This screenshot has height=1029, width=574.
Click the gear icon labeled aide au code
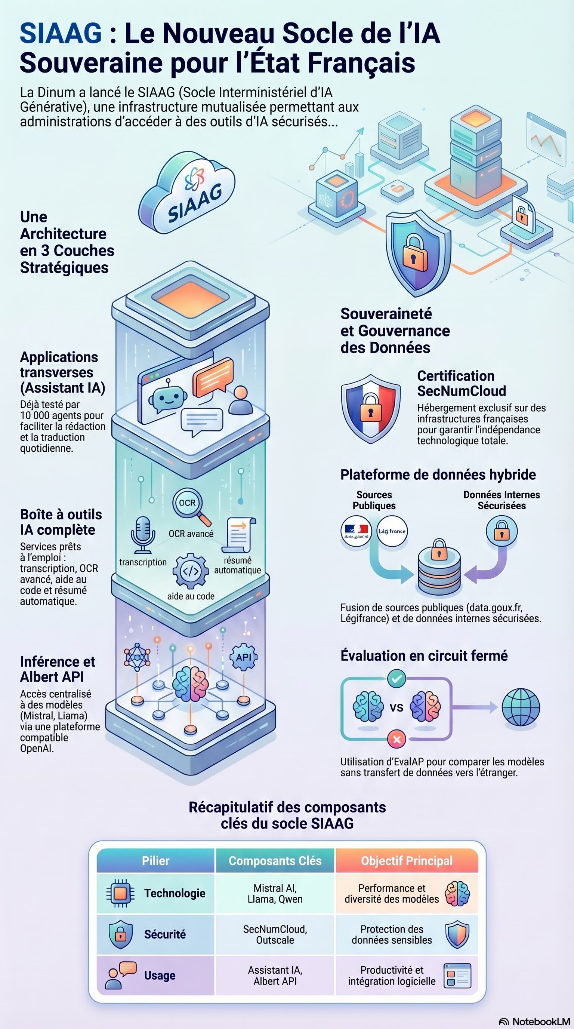(191, 571)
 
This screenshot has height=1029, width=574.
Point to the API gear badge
(244, 657)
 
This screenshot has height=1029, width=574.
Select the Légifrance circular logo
(392, 531)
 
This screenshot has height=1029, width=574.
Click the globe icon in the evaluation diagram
(521, 707)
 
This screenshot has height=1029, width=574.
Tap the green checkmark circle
(396, 679)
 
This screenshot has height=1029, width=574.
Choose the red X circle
(396, 739)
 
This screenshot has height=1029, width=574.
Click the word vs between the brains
(396, 707)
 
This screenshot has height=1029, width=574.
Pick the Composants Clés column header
(275, 861)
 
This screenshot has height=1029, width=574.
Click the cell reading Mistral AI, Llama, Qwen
(275, 894)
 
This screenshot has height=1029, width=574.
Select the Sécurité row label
(165, 934)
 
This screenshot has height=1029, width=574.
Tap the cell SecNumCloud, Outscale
(275, 934)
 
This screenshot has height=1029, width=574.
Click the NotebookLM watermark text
(541, 1021)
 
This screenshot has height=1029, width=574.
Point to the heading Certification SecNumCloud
(461, 383)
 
